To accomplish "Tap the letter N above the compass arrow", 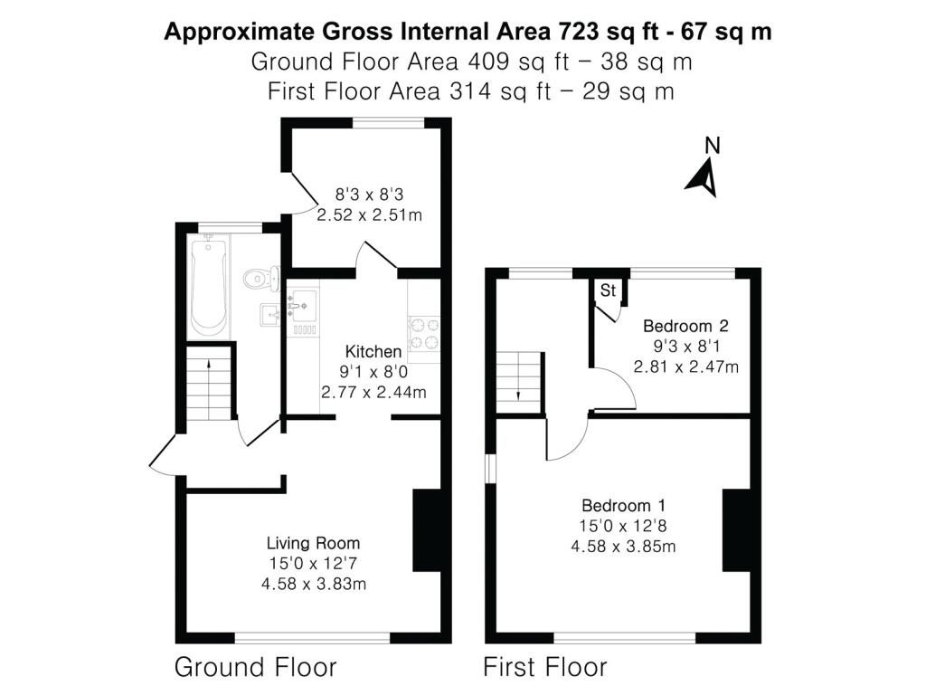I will click(713, 145).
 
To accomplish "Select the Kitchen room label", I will click(373, 352).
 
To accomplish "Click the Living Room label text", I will click(313, 544).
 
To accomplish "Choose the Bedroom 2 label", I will click(685, 326).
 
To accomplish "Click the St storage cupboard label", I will click(608, 290).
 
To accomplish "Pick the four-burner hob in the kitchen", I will click(424, 332).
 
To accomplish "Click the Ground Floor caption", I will click(255, 668).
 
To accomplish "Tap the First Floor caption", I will click(544, 668).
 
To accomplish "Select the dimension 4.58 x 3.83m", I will click(313, 584).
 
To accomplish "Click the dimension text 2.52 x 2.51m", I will click(370, 215).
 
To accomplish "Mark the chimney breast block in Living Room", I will click(425, 530).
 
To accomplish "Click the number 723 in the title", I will click(573, 32).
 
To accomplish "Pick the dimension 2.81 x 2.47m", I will click(686, 367).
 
